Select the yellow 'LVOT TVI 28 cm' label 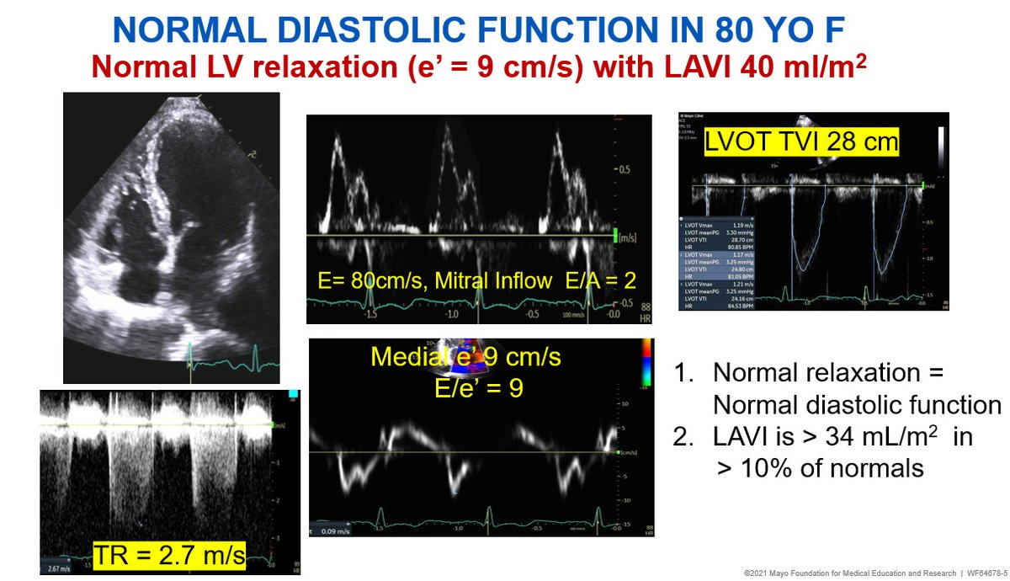[x=802, y=142]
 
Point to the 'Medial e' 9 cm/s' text [x=465, y=357]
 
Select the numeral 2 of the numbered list [x=683, y=436]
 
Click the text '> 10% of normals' [x=820, y=468]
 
